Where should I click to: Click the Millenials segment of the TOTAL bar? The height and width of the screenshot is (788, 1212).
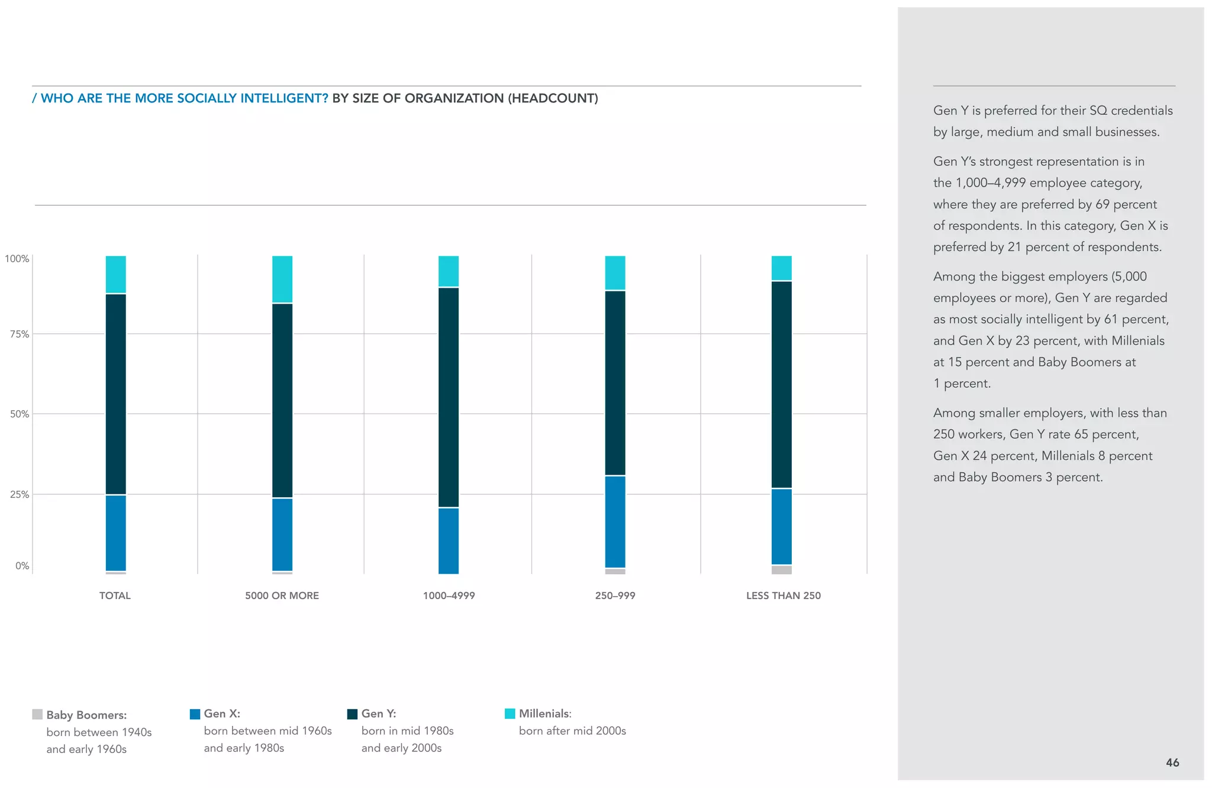point(115,275)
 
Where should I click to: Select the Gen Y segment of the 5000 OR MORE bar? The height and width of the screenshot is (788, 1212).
point(282,400)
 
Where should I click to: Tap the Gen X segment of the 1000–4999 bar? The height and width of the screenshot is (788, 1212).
point(449,541)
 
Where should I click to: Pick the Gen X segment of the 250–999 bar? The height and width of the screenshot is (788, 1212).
point(615,522)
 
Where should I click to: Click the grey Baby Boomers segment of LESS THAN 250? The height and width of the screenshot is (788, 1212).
point(781,570)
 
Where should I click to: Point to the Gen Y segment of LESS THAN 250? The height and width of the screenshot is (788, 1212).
point(781,385)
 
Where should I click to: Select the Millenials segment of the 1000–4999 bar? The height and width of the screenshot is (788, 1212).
point(449,271)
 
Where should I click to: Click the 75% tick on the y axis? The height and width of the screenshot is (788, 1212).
point(20,335)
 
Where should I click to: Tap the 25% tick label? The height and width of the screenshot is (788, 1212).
point(20,494)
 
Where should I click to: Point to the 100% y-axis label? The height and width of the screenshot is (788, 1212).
point(17,259)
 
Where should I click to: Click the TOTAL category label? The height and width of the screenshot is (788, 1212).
point(115,596)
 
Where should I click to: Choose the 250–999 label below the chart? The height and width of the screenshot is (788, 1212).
point(615,596)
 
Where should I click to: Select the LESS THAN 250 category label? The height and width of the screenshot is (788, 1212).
point(783,596)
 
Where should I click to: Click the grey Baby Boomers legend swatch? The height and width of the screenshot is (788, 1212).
point(37,715)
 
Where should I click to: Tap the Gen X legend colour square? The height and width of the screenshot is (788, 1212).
point(195,714)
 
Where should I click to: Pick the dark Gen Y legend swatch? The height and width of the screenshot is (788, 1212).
point(352,714)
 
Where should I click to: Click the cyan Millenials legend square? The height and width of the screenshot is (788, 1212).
point(510,713)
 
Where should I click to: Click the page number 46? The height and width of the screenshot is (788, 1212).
point(1172,763)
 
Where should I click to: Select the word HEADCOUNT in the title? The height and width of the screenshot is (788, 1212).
point(553,98)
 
